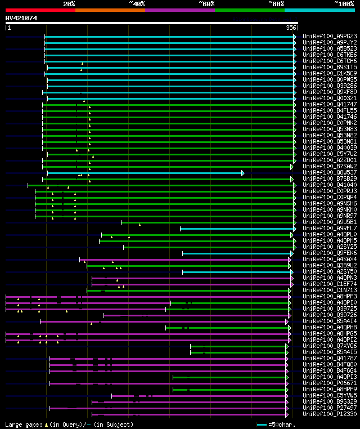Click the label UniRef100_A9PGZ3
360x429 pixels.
[x=330, y=36]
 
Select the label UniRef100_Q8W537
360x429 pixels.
[x=330, y=173]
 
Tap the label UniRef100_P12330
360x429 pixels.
[x=330, y=414]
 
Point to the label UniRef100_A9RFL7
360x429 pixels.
[x=330, y=228]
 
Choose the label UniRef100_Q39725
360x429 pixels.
[x=330, y=309]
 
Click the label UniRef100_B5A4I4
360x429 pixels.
[x=330, y=321]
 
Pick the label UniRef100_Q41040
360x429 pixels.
[x=330, y=185]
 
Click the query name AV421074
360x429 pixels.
[x=21, y=18]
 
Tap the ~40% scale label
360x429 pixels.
[x=137, y=4]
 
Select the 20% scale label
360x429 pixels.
[x=69, y=4]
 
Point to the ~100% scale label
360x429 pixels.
[x=344, y=4]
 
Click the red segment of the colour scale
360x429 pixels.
[x=40, y=10]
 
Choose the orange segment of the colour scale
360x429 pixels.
[x=110, y=10]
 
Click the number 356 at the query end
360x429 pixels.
[x=291, y=28]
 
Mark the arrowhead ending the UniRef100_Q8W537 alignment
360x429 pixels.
[x=243, y=173]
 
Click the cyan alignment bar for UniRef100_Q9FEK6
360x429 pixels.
[x=237, y=253]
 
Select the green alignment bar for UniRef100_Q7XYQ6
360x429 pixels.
[x=238, y=346]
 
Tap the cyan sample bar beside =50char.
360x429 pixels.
[x=262, y=424]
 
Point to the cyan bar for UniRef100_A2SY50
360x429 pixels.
[x=237, y=272]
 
